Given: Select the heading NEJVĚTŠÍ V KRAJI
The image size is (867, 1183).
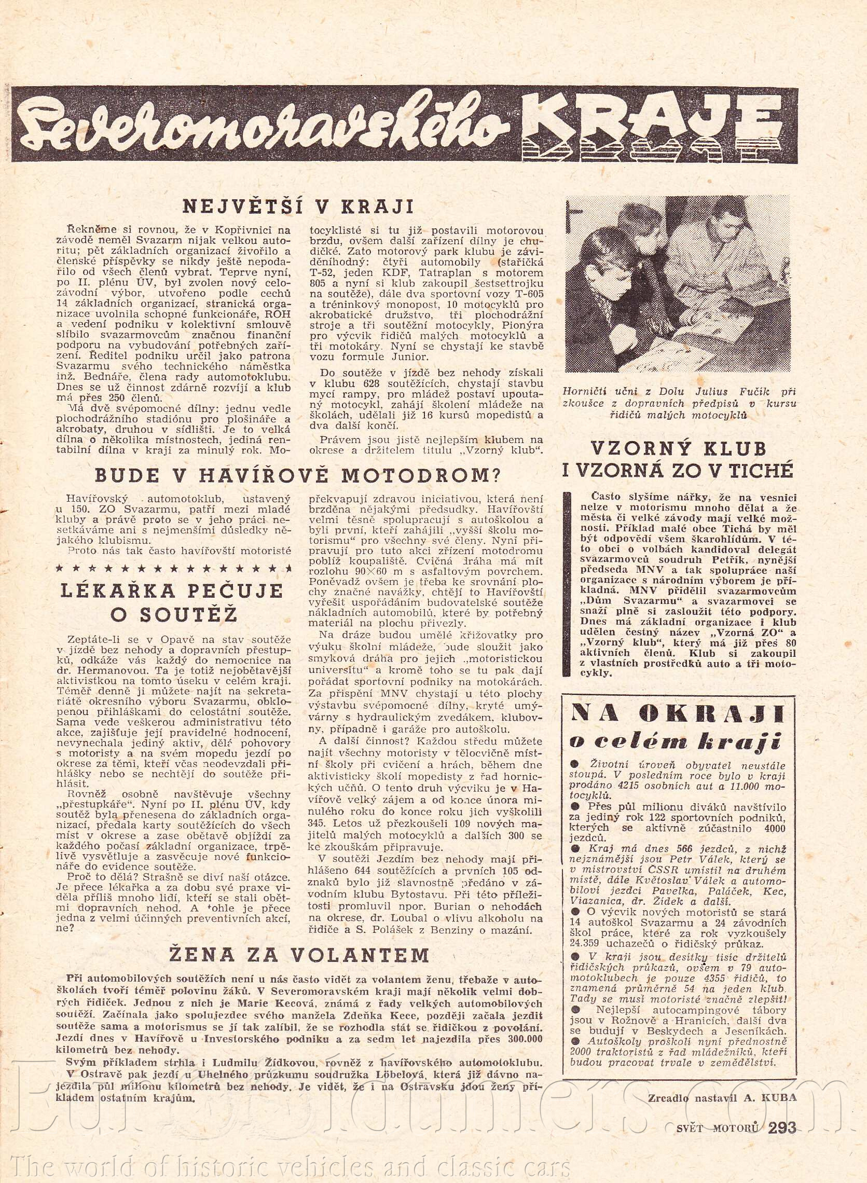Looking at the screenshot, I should (298, 207).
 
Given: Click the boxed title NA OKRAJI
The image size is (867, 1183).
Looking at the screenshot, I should (677, 714).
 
